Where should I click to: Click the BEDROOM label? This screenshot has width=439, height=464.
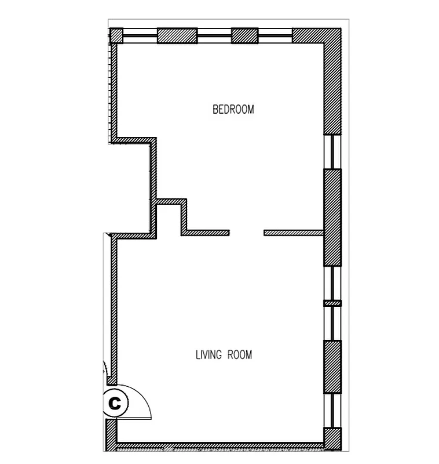(x=233, y=109)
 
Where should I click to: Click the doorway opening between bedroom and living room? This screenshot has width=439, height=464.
(x=247, y=233)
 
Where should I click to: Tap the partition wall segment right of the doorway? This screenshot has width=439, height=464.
(x=293, y=233)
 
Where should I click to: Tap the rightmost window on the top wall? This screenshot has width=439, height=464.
(x=275, y=35)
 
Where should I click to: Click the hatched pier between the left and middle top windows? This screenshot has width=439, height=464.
(x=177, y=35)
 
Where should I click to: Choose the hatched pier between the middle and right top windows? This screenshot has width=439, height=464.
(x=244, y=35)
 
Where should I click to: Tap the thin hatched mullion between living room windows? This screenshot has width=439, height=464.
(x=332, y=303)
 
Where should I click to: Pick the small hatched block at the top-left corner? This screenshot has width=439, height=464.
(x=116, y=35)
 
